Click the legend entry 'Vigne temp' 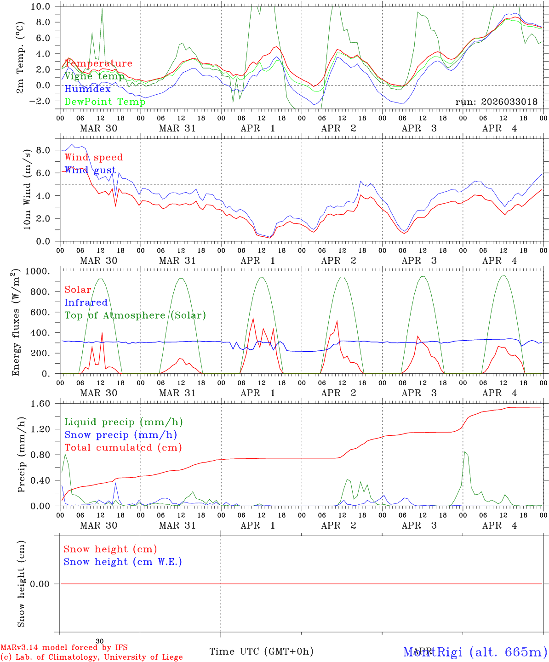pos(94,76)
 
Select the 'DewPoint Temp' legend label pos(105,102)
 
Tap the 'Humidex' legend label pos(87,89)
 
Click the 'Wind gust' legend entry pos(90,170)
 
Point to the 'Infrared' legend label pos(86,302)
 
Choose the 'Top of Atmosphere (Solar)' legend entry pos(135,315)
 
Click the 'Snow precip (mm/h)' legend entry pos(121,435)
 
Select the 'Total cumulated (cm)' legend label pos(123,448)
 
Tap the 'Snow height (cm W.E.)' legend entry pos(123,562)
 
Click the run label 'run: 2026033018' pos(497,102)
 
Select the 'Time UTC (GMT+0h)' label pos(262,651)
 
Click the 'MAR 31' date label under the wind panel pos(177,261)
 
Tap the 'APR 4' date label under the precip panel pos(499,525)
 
